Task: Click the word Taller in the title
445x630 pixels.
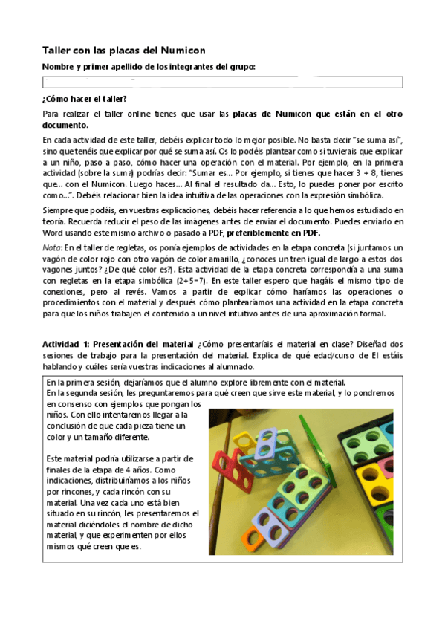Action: click(57, 50)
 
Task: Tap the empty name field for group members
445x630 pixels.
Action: click(222, 82)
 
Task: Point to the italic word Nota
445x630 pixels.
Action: click(51, 247)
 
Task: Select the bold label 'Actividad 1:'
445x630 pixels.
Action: click(66, 344)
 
